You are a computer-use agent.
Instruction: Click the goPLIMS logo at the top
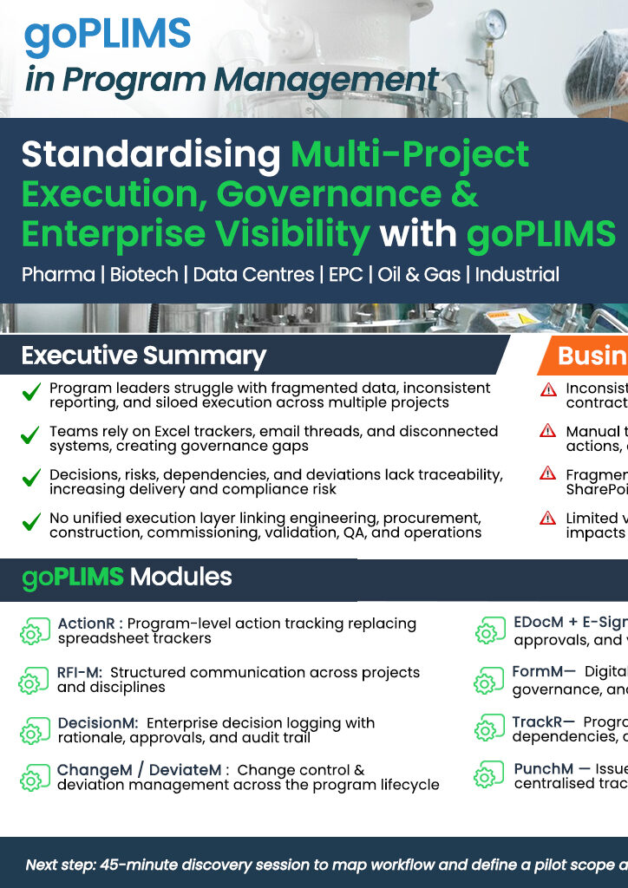[x=108, y=35]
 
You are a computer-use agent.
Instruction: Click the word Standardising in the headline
[x=150, y=155]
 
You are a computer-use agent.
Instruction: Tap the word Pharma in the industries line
[x=58, y=275]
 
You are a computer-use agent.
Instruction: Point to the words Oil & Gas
[x=409, y=275]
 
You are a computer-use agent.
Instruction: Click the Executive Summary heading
[x=143, y=356]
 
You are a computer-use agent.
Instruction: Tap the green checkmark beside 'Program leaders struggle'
[x=31, y=395]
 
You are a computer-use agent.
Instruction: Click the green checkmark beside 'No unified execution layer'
[x=31, y=524]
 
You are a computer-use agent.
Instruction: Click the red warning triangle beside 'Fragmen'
[x=547, y=473]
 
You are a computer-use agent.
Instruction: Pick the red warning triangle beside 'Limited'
[x=547, y=518]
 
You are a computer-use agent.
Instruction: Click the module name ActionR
[x=86, y=624]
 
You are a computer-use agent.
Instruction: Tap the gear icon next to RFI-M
[x=31, y=681]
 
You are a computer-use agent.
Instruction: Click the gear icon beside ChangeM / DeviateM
[x=31, y=778]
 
